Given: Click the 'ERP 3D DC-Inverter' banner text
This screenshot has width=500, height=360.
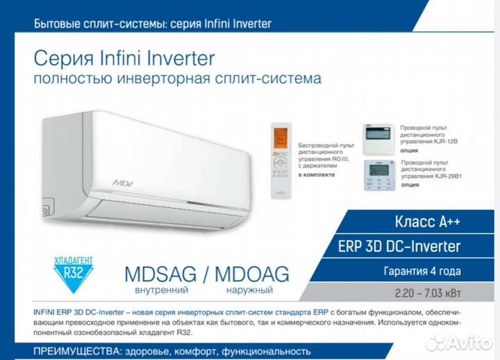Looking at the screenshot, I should [x=399, y=246].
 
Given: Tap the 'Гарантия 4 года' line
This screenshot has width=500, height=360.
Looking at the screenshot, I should [x=422, y=270].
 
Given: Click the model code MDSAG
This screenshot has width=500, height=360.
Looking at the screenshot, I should [x=165, y=272].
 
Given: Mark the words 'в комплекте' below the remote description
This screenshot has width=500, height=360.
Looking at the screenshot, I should [x=316, y=174].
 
